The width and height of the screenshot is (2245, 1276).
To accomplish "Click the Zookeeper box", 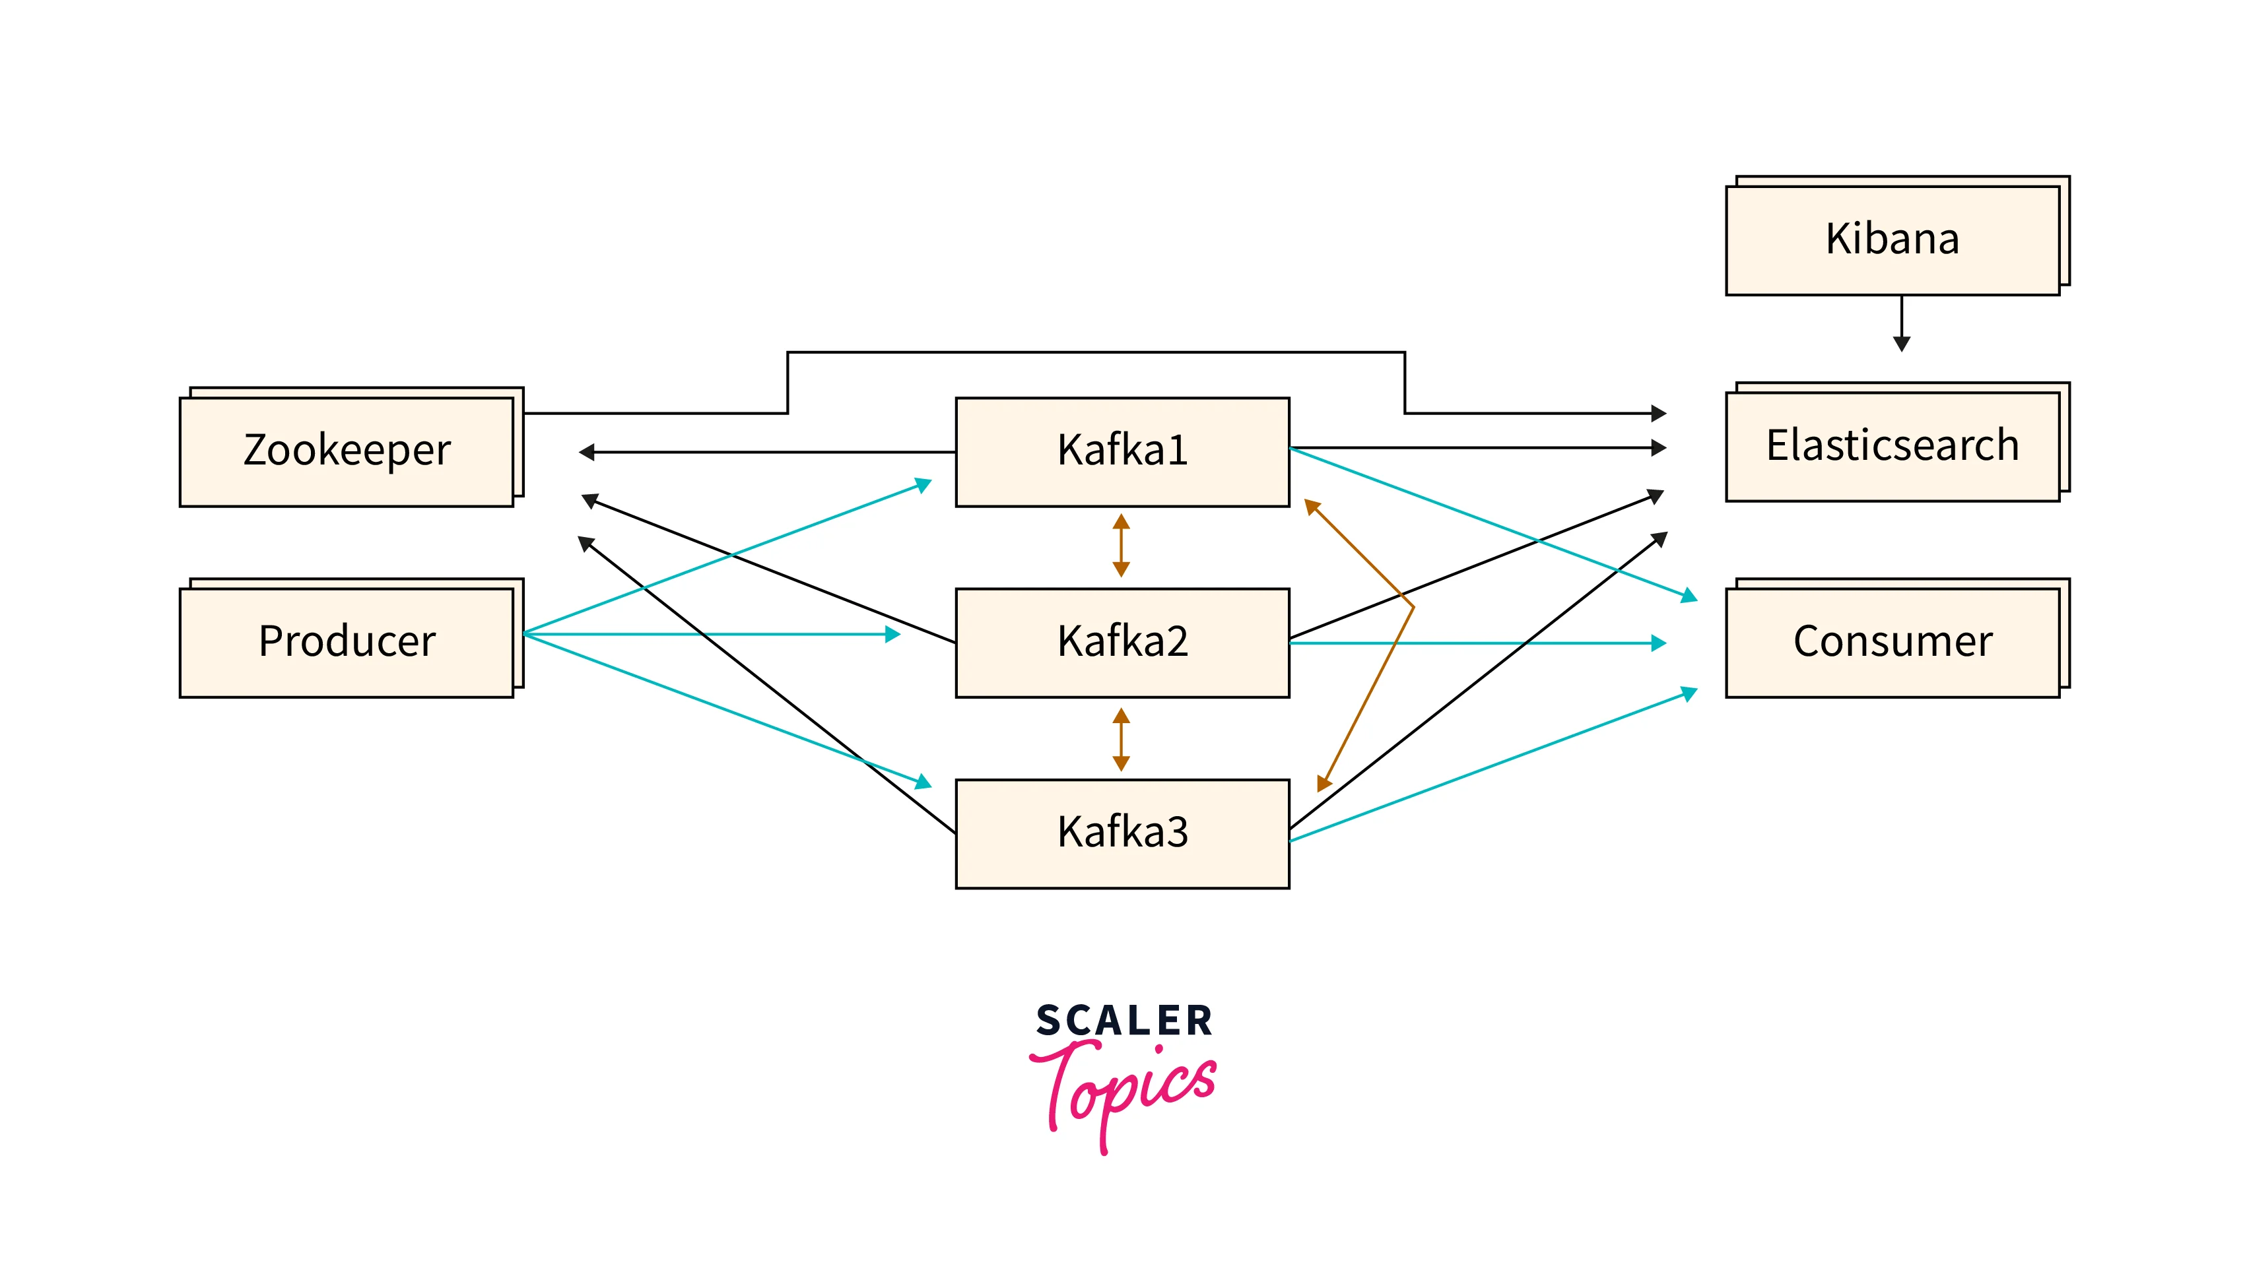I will pyautogui.click(x=347, y=451).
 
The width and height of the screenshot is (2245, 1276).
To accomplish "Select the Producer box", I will pyautogui.click(x=347, y=641).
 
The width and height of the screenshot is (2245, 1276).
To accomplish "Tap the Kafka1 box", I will pyautogui.click(x=1122, y=451).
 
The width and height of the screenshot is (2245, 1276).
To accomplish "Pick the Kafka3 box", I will pyautogui.click(x=1122, y=833).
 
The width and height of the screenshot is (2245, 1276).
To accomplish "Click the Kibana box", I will pyautogui.click(x=1892, y=239).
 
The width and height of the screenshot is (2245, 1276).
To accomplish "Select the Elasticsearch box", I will pyautogui.click(x=1892, y=446).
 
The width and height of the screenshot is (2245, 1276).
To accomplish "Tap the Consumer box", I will pyautogui.click(x=1892, y=641).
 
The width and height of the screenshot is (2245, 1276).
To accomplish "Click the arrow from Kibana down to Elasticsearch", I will pyautogui.click(x=1900, y=324).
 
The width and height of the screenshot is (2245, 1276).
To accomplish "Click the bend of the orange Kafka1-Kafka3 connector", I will pyautogui.click(x=1412, y=606).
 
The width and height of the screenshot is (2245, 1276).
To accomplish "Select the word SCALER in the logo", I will pyautogui.click(x=1123, y=1021).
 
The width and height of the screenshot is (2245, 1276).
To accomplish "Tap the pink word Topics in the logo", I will pyautogui.click(x=1126, y=1087).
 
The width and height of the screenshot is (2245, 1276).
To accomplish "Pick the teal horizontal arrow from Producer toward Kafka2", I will pyautogui.click(x=710, y=633).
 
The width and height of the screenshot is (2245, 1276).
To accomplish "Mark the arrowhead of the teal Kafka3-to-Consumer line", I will pyautogui.click(x=1689, y=694).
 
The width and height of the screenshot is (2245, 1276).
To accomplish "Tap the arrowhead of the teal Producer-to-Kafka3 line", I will pyautogui.click(x=922, y=781).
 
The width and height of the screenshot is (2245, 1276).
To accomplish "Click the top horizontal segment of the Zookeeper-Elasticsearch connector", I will pyautogui.click(x=1096, y=352).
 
